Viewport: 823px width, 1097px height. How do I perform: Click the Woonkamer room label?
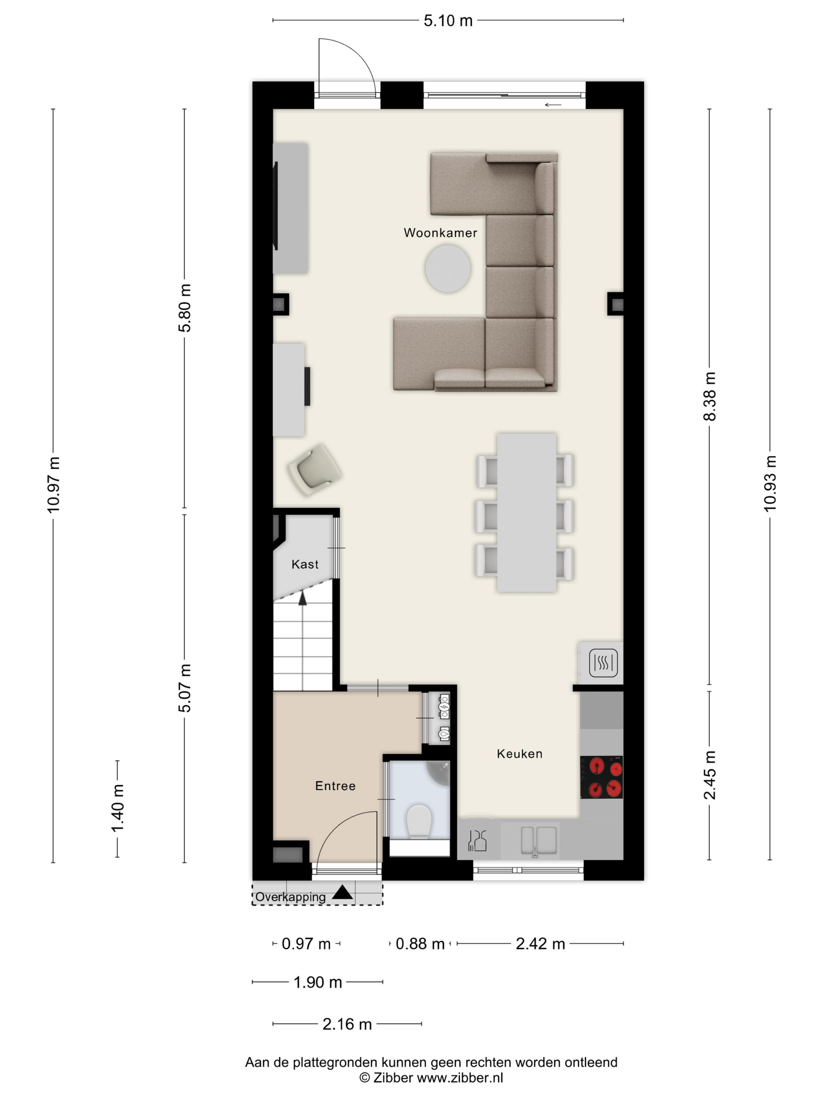440,233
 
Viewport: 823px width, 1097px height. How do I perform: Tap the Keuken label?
519,754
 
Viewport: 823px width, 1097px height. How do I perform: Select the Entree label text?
335,786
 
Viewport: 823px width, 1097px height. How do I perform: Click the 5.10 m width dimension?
448,21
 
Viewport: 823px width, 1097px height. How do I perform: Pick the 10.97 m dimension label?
53,485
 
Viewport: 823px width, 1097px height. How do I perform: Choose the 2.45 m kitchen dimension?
709,775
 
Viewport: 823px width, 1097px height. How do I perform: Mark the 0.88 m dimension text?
420,944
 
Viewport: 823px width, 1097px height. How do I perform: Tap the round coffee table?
448,268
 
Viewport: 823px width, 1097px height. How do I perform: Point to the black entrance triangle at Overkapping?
342,892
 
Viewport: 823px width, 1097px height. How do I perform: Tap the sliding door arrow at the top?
553,105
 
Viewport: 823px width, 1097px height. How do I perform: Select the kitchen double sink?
538,841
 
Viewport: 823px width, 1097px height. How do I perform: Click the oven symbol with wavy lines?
603,663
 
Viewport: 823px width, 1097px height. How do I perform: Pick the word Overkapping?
290,897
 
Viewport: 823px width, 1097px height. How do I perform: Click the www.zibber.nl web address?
459,1077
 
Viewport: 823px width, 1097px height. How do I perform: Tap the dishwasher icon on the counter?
477,841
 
